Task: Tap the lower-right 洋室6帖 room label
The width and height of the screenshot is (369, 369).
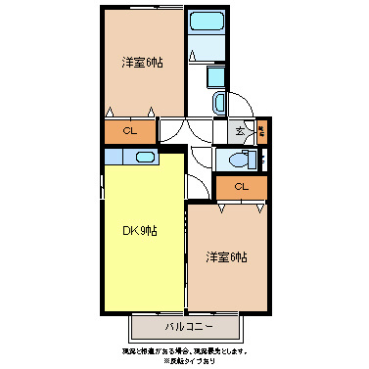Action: pyautogui.click(x=226, y=257)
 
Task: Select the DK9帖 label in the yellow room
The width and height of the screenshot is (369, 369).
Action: pyautogui.click(x=140, y=231)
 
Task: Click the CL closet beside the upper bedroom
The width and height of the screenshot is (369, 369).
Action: pyautogui.click(x=129, y=130)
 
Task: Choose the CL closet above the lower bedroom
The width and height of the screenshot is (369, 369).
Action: pyautogui.click(x=241, y=187)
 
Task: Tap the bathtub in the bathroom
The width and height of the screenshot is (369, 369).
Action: pyautogui.click(x=205, y=23)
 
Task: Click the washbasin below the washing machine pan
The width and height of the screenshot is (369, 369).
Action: pyautogui.click(x=218, y=102)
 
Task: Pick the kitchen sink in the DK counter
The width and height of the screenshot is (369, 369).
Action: pyautogui.click(x=143, y=158)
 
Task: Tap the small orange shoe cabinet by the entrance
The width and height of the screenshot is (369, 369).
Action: pyautogui.click(x=261, y=128)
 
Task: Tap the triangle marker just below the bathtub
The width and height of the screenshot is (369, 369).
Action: pyautogui.click(x=195, y=53)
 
